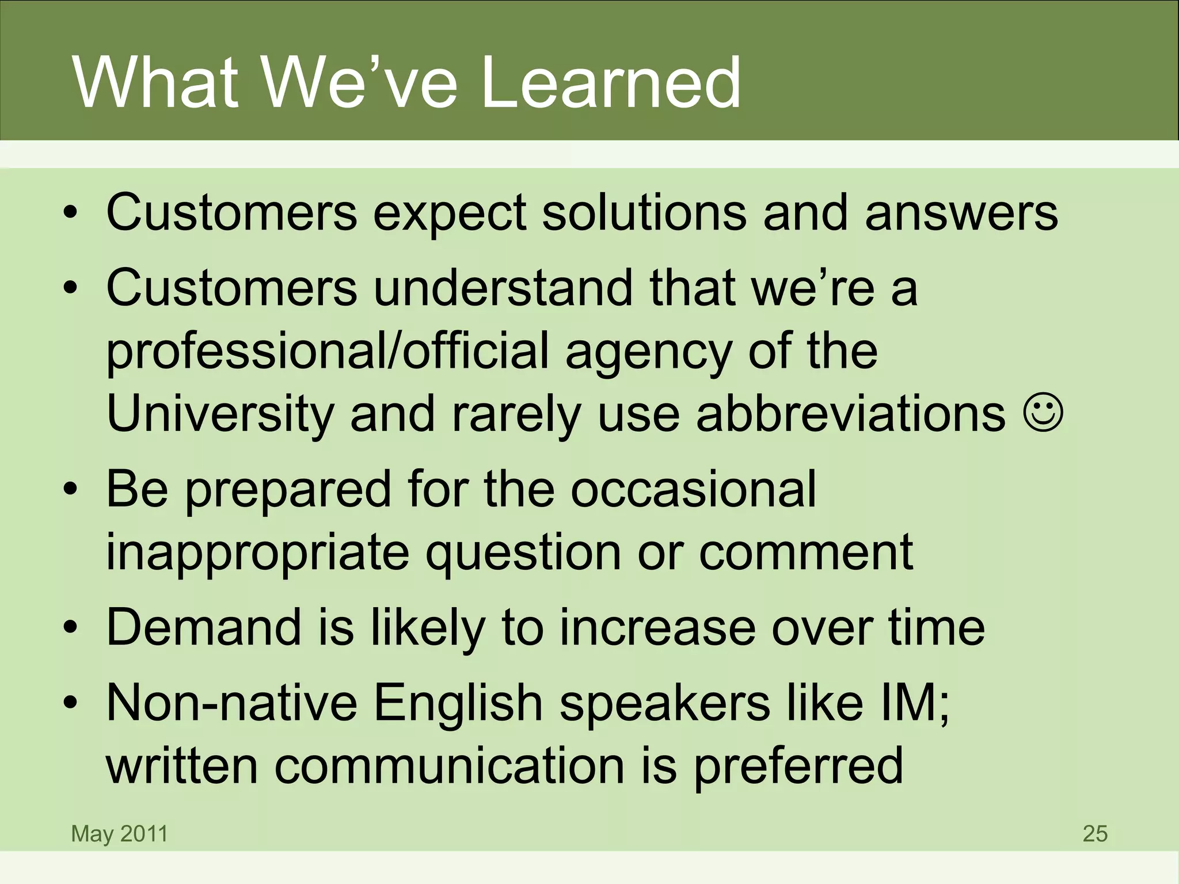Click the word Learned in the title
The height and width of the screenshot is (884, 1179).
click(610, 83)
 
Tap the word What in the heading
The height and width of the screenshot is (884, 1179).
click(155, 83)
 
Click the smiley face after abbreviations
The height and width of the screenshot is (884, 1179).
click(1043, 412)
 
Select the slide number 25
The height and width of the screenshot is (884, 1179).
click(1095, 833)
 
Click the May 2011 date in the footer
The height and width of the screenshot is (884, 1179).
click(119, 833)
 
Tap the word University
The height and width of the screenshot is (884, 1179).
click(220, 414)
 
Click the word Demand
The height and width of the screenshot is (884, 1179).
click(204, 627)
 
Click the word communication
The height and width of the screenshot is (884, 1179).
click(449, 765)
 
